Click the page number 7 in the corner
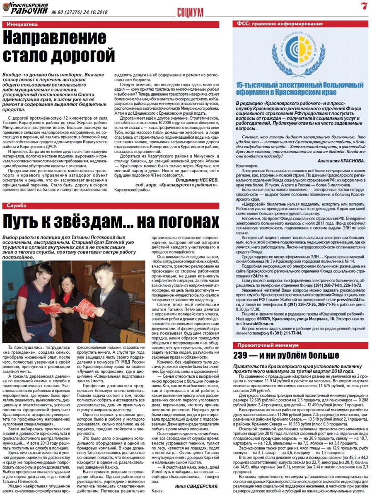coord(365,6)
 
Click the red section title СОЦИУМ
coord(190,13)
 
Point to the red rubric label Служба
coord(14,206)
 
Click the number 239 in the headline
coord(243,355)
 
